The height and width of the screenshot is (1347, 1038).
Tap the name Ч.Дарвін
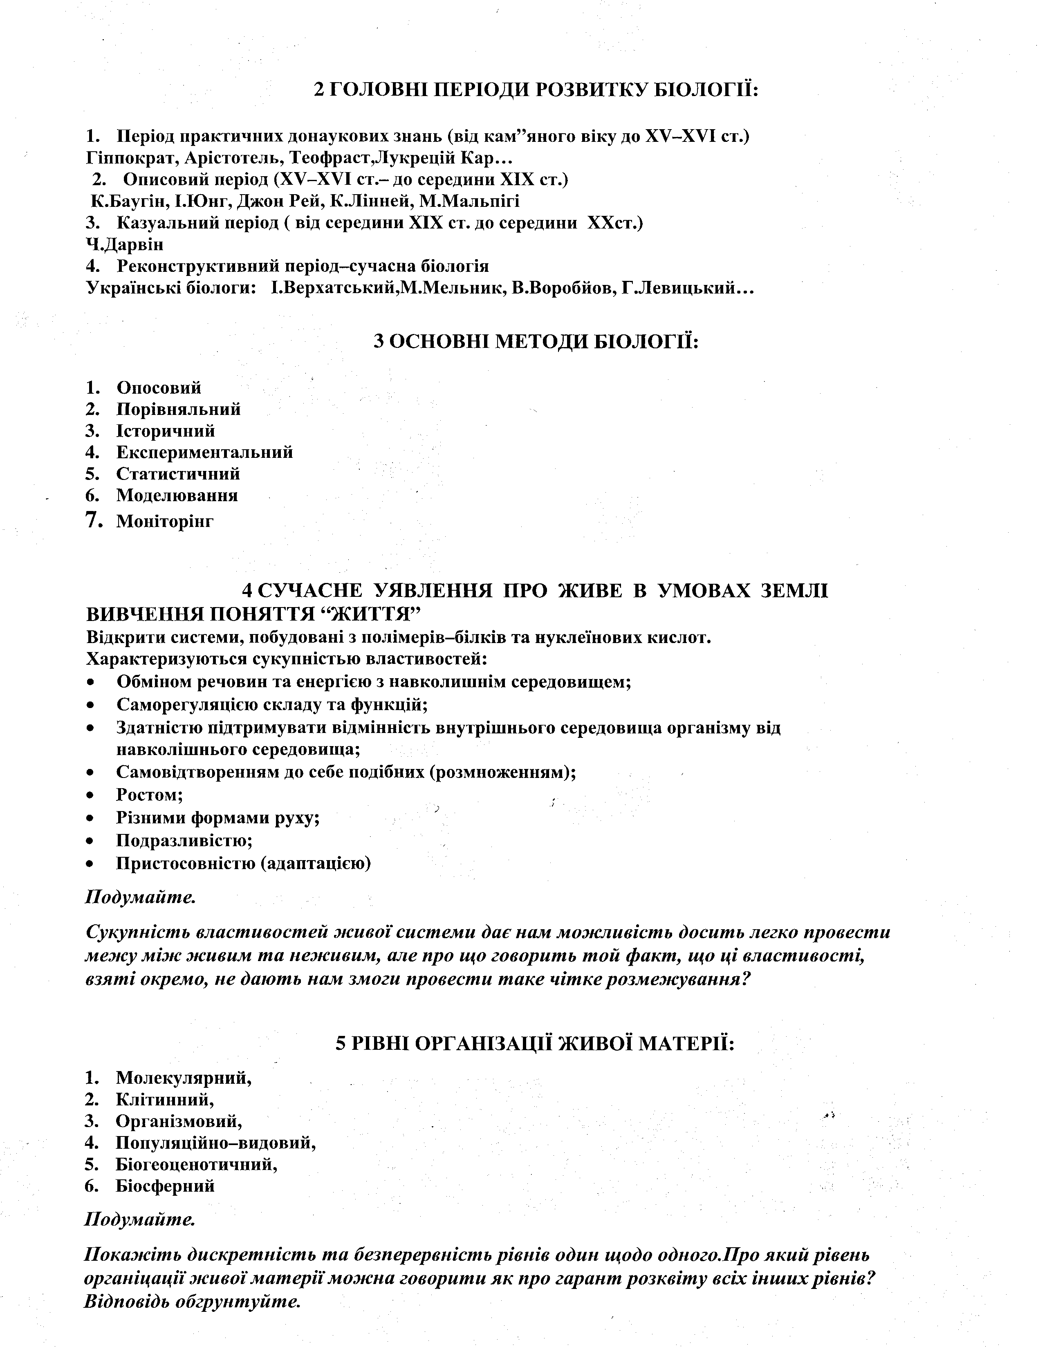tap(125, 245)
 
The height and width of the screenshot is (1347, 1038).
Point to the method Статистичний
tap(178, 474)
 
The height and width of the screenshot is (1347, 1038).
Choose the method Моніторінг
tap(165, 522)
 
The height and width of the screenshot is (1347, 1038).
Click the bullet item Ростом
tap(149, 795)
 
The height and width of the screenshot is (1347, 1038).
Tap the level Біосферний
tap(165, 1186)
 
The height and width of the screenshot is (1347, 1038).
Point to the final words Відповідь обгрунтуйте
tap(193, 1302)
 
